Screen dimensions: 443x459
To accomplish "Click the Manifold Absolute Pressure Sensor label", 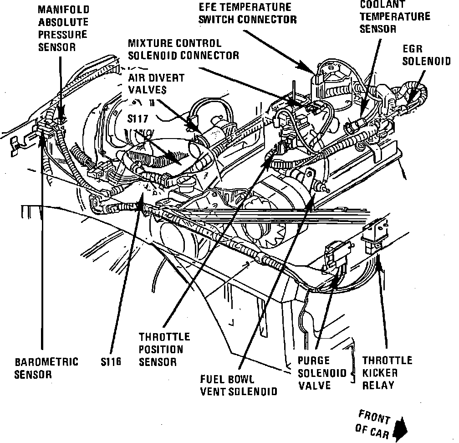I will point(63,28).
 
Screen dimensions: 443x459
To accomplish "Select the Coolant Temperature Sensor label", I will point(394,17).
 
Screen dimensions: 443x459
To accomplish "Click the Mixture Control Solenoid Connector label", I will point(183,49).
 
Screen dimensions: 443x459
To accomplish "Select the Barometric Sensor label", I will point(46,368).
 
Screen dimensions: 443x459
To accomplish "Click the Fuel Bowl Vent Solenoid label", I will point(239,385).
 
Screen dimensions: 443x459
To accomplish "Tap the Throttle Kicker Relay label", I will point(387,373).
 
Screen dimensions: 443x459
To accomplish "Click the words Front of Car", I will point(372,422).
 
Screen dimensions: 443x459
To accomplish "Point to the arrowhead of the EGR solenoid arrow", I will point(411,103).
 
